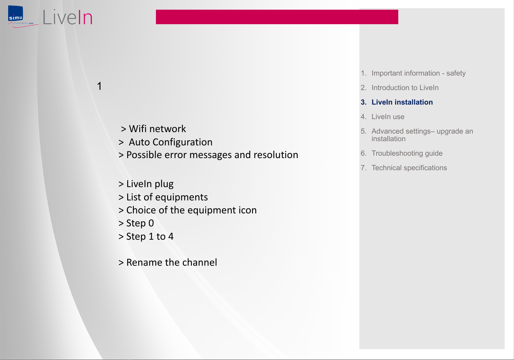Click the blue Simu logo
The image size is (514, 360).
click(x=16, y=13)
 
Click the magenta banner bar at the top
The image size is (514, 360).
click(x=277, y=17)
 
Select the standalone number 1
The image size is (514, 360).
click(x=99, y=86)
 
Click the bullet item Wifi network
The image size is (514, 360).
click(x=153, y=128)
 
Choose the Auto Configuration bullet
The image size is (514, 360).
click(x=166, y=142)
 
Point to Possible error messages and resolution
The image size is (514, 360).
click(x=209, y=155)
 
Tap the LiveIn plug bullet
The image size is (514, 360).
click(x=146, y=184)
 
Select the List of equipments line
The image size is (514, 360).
click(x=163, y=197)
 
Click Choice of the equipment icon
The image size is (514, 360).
click(x=187, y=210)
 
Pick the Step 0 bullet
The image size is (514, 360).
click(x=136, y=223)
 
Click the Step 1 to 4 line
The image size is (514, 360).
click(x=146, y=236)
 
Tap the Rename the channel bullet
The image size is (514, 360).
click(x=168, y=262)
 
